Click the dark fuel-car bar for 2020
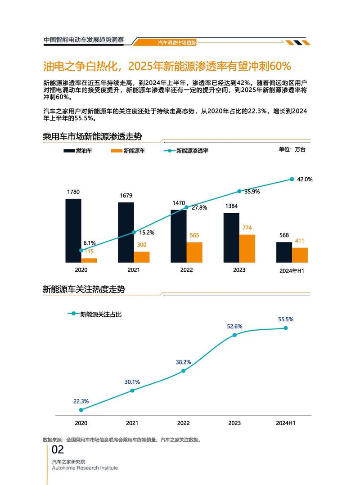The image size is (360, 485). click(73, 230)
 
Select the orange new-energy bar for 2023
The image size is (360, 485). click(247, 248)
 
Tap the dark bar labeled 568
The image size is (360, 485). click(284, 252)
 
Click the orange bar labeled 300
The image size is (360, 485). click(142, 257)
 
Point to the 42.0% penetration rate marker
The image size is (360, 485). click(292, 179)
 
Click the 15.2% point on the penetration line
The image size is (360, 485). click(134, 232)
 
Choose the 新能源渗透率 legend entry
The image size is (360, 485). click(185, 151)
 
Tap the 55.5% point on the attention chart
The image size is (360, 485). click(285, 328)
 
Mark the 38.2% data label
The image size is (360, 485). click(183, 362)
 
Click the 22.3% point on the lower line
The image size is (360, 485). click(81, 410)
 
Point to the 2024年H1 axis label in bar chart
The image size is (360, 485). click(292, 271)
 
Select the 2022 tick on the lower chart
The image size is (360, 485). click(183, 423)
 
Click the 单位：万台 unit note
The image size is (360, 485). click(292, 150)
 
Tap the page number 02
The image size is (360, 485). click(58, 449)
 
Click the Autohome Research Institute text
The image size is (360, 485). click(85, 468)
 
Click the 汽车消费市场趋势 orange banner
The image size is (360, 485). click(177, 42)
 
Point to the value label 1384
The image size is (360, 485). click(231, 206)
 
